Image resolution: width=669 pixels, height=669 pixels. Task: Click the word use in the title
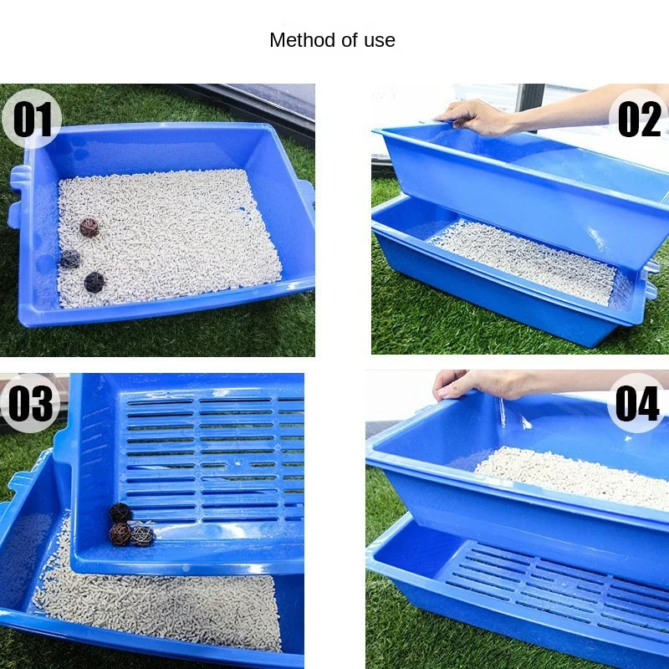[x=380, y=40]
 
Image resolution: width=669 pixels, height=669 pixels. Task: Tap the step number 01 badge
[x=32, y=119]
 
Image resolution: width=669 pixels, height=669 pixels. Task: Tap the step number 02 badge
[x=640, y=117]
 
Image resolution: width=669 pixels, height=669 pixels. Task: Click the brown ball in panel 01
[x=89, y=227]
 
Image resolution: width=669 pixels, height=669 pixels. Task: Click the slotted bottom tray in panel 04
[x=544, y=585]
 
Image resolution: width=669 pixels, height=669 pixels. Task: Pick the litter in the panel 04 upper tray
[x=577, y=477]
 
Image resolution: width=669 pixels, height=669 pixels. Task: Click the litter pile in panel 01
[x=167, y=234]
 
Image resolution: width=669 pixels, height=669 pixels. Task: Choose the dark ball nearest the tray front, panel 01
[x=94, y=282]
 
